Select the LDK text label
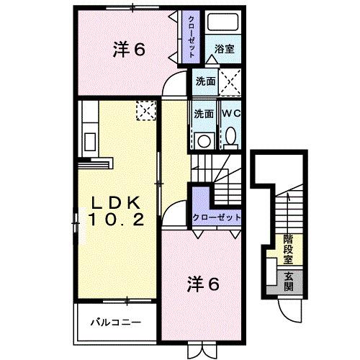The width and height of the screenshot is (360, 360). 119,202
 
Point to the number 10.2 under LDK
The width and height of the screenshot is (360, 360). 120,217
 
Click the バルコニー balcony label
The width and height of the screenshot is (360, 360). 115,323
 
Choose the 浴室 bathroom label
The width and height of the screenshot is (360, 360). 224,50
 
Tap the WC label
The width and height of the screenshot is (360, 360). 230,114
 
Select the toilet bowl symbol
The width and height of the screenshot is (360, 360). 230,136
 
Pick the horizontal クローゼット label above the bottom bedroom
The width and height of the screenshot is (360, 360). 215,217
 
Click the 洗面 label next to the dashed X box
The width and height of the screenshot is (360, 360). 204,82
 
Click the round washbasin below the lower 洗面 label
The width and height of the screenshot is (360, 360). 203,140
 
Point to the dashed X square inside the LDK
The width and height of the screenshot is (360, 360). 147,110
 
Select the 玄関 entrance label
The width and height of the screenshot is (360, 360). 287,280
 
